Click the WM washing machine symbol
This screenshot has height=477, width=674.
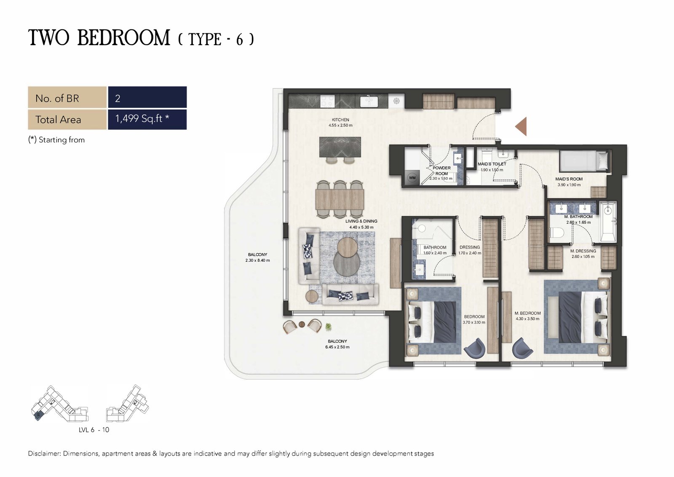[x=412, y=177]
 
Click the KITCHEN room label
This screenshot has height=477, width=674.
[x=340, y=120]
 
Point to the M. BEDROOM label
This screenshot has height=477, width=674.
[x=527, y=313]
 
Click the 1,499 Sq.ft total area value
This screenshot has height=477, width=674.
[x=142, y=119]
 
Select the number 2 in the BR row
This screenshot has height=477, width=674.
[x=118, y=99]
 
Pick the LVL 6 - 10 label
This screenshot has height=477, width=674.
[x=94, y=430]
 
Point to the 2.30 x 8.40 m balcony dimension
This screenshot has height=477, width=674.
[x=257, y=260]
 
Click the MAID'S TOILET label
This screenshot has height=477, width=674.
[x=492, y=164]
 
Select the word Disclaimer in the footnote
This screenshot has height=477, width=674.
[x=44, y=453]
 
